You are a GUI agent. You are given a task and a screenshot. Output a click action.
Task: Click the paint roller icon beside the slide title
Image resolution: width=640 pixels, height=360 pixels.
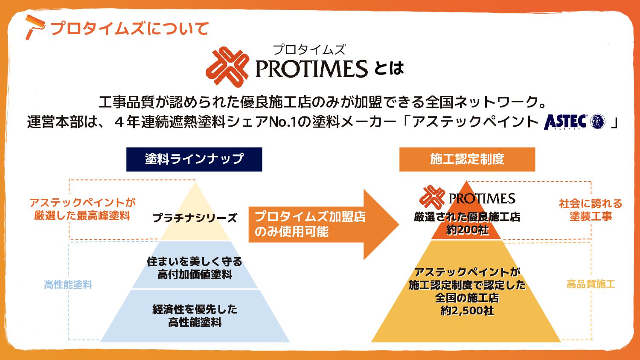[x=34, y=27]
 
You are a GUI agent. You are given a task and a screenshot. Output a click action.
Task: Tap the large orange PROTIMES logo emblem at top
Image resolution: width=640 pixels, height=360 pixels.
[x=227, y=67]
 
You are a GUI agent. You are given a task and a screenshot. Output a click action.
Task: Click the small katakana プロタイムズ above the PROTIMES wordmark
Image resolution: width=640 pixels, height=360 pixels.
[x=309, y=50]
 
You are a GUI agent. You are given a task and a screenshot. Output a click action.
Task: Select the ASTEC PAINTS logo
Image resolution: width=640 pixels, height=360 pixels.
[x=574, y=122]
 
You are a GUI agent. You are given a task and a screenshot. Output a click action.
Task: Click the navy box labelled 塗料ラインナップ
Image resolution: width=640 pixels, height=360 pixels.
[x=194, y=160]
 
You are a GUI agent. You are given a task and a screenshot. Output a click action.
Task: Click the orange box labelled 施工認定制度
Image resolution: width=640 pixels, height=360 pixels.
[x=467, y=160]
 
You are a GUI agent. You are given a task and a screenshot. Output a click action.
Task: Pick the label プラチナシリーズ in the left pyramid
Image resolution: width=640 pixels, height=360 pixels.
[x=195, y=218]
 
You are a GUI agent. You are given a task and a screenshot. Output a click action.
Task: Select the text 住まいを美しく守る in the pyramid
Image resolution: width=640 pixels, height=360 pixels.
[x=195, y=261]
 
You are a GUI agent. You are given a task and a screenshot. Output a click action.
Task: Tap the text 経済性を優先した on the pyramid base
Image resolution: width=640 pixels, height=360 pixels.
[x=195, y=309]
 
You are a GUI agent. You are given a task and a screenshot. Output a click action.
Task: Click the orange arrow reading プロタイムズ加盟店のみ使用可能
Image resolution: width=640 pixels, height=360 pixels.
[x=316, y=224]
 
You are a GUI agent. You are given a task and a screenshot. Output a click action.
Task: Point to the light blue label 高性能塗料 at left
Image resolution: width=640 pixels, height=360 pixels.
[x=68, y=285]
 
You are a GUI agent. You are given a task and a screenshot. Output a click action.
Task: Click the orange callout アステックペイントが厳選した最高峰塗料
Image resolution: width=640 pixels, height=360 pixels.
[x=82, y=209]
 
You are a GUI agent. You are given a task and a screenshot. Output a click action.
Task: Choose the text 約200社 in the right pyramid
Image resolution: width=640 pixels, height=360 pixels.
[x=467, y=230]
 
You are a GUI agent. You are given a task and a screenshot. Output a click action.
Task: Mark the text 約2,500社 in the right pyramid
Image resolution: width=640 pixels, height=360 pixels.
[x=467, y=311]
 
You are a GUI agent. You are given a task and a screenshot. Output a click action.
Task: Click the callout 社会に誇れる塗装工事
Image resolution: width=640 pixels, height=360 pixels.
[x=591, y=210]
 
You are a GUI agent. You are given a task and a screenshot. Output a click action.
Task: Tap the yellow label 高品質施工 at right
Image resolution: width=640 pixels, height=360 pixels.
[x=591, y=284]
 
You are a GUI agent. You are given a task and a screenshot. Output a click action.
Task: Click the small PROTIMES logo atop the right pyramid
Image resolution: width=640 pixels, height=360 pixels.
[x=467, y=198]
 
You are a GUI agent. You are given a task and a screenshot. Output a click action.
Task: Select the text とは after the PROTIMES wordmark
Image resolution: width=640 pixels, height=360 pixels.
[x=389, y=69]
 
